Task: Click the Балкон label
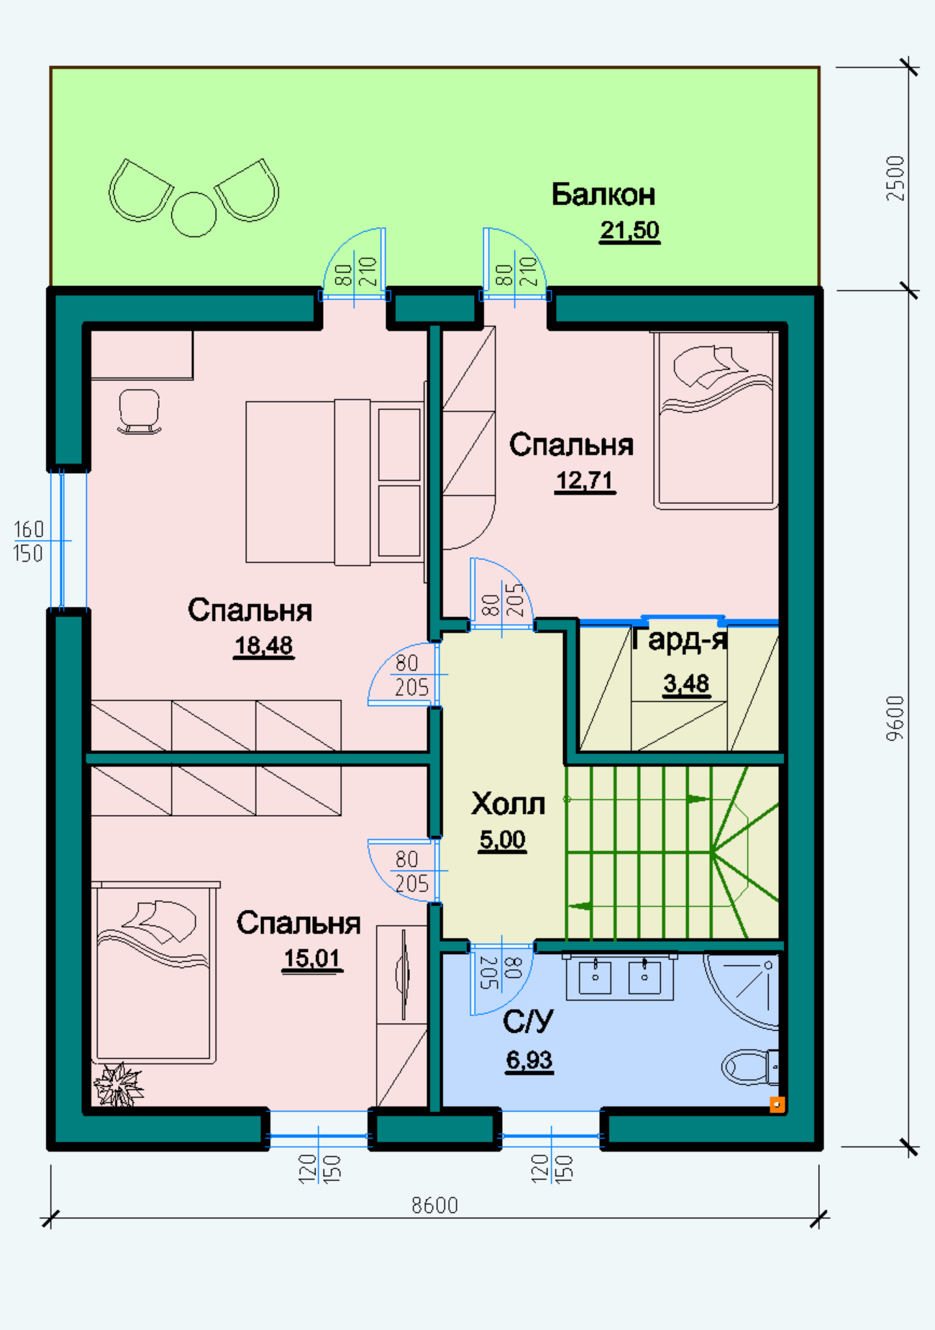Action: [603, 194]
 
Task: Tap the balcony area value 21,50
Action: [629, 231]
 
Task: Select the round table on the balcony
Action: [194, 214]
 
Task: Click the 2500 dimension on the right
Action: [895, 178]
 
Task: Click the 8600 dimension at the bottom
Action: [434, 1205]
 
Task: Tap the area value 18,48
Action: [264, 646]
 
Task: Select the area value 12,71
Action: [585, 480]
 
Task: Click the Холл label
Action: [508, 804]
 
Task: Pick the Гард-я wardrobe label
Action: [680, 638]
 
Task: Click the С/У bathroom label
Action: [528, 1022]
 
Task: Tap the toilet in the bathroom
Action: [750, 1067]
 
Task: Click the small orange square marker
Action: [777, 1104]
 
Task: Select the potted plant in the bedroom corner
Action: [119, 1084]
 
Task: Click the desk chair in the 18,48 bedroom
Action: [139, 412]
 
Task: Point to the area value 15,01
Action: [312, 958]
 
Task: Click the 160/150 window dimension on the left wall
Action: [29, 541]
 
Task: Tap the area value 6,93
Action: [529, 1060]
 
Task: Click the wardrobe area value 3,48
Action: [686, 684]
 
